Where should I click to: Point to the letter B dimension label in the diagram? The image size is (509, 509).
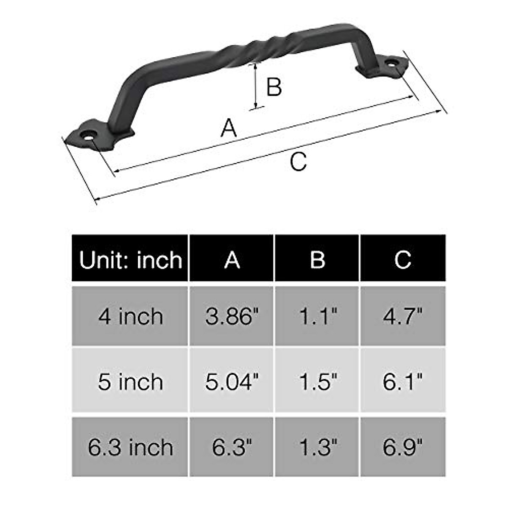pos(274,87)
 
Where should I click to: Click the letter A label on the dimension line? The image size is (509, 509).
pos(229,128)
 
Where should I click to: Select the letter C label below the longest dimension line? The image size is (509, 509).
pos(298,162)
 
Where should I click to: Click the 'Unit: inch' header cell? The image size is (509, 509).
pos(130,259)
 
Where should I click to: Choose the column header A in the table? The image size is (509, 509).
pos(232,259)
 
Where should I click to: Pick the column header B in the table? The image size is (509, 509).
pos(317,259)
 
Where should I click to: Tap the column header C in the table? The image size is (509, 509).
pos(403,259)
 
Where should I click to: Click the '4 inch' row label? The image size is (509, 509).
pos(130,316)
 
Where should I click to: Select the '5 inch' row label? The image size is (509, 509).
pos(130,381)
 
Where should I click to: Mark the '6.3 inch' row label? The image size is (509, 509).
pos(130,447)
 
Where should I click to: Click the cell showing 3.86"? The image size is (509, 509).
pos(232,316)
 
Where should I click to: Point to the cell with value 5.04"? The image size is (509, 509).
pos(232,381)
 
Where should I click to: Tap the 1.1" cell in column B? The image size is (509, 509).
pos(317,316)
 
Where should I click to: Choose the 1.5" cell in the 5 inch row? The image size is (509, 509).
pos(317,381)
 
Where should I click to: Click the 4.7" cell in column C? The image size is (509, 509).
pos(403,316)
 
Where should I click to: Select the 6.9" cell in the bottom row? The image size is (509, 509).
pos(403,447)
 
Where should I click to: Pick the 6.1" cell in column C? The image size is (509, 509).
pos(403,381)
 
